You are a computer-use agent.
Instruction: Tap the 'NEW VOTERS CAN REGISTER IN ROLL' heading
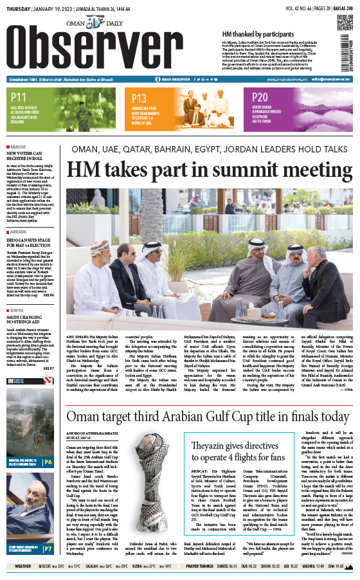pos(29,155)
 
